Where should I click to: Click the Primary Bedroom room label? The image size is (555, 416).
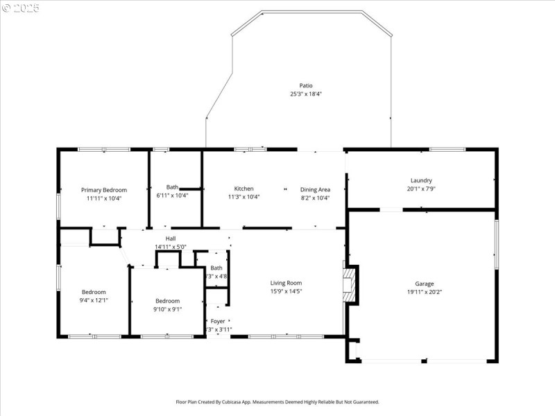[x=104, y=190]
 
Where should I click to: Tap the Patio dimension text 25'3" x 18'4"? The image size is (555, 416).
[x=301, y=94]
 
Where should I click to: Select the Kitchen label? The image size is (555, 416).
[x=244, y=189]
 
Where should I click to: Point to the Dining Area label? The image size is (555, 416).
[x=315, y=189]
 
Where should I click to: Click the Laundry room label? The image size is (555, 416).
[x=421, y=180]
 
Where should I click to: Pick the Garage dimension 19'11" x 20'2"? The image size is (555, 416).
[x=425, y=292]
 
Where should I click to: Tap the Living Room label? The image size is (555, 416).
[x=286, y=283]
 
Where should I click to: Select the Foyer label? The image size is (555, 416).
[x=218, y=321]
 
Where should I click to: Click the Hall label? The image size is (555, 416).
[x=170, y=239]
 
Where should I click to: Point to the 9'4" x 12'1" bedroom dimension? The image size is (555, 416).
[x=94, y=300]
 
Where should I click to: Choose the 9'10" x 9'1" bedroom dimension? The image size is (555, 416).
[x=167, y=309]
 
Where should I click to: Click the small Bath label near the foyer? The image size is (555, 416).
[x=216, y=268]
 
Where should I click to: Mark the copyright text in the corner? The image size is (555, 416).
[x=21, y=8]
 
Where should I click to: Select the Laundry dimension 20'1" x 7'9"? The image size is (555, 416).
[x=421, y=189]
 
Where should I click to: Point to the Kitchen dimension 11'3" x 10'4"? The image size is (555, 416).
[x=244, y=197]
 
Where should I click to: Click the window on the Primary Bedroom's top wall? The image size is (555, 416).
[x=100, y=149]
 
